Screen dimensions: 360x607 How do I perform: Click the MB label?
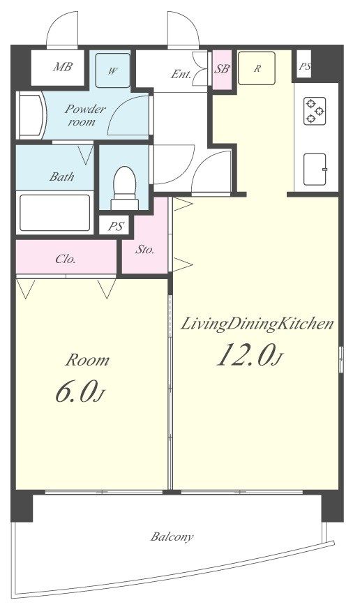[x=63, y=67]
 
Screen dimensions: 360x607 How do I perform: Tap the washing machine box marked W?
[x=112, y=70]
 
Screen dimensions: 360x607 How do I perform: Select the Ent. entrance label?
[x=181, y=74]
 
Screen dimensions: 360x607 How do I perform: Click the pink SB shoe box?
[x=222, y=70]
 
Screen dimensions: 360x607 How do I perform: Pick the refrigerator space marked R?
[x=257, y=68]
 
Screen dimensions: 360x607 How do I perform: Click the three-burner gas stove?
[x=315, y=111]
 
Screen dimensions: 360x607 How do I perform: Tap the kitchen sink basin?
[x=315, y=169]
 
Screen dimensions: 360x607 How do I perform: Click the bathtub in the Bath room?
[x=54, y=213]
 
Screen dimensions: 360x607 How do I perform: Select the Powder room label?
[x=85, y=115]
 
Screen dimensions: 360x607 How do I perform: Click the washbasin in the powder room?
[x=31, y=115]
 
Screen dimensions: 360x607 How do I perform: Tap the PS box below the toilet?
[x=116, y=225]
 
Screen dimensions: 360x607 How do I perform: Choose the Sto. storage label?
[x=145, y=249]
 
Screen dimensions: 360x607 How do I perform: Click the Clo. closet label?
[x=66, y=258]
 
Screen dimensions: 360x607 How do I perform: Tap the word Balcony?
[x=172, y=537]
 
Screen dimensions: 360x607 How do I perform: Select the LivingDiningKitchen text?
[x=257, y=324]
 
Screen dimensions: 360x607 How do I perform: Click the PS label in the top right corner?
[x=305, y=66]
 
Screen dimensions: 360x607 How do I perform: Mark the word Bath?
[x=61, y=177]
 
